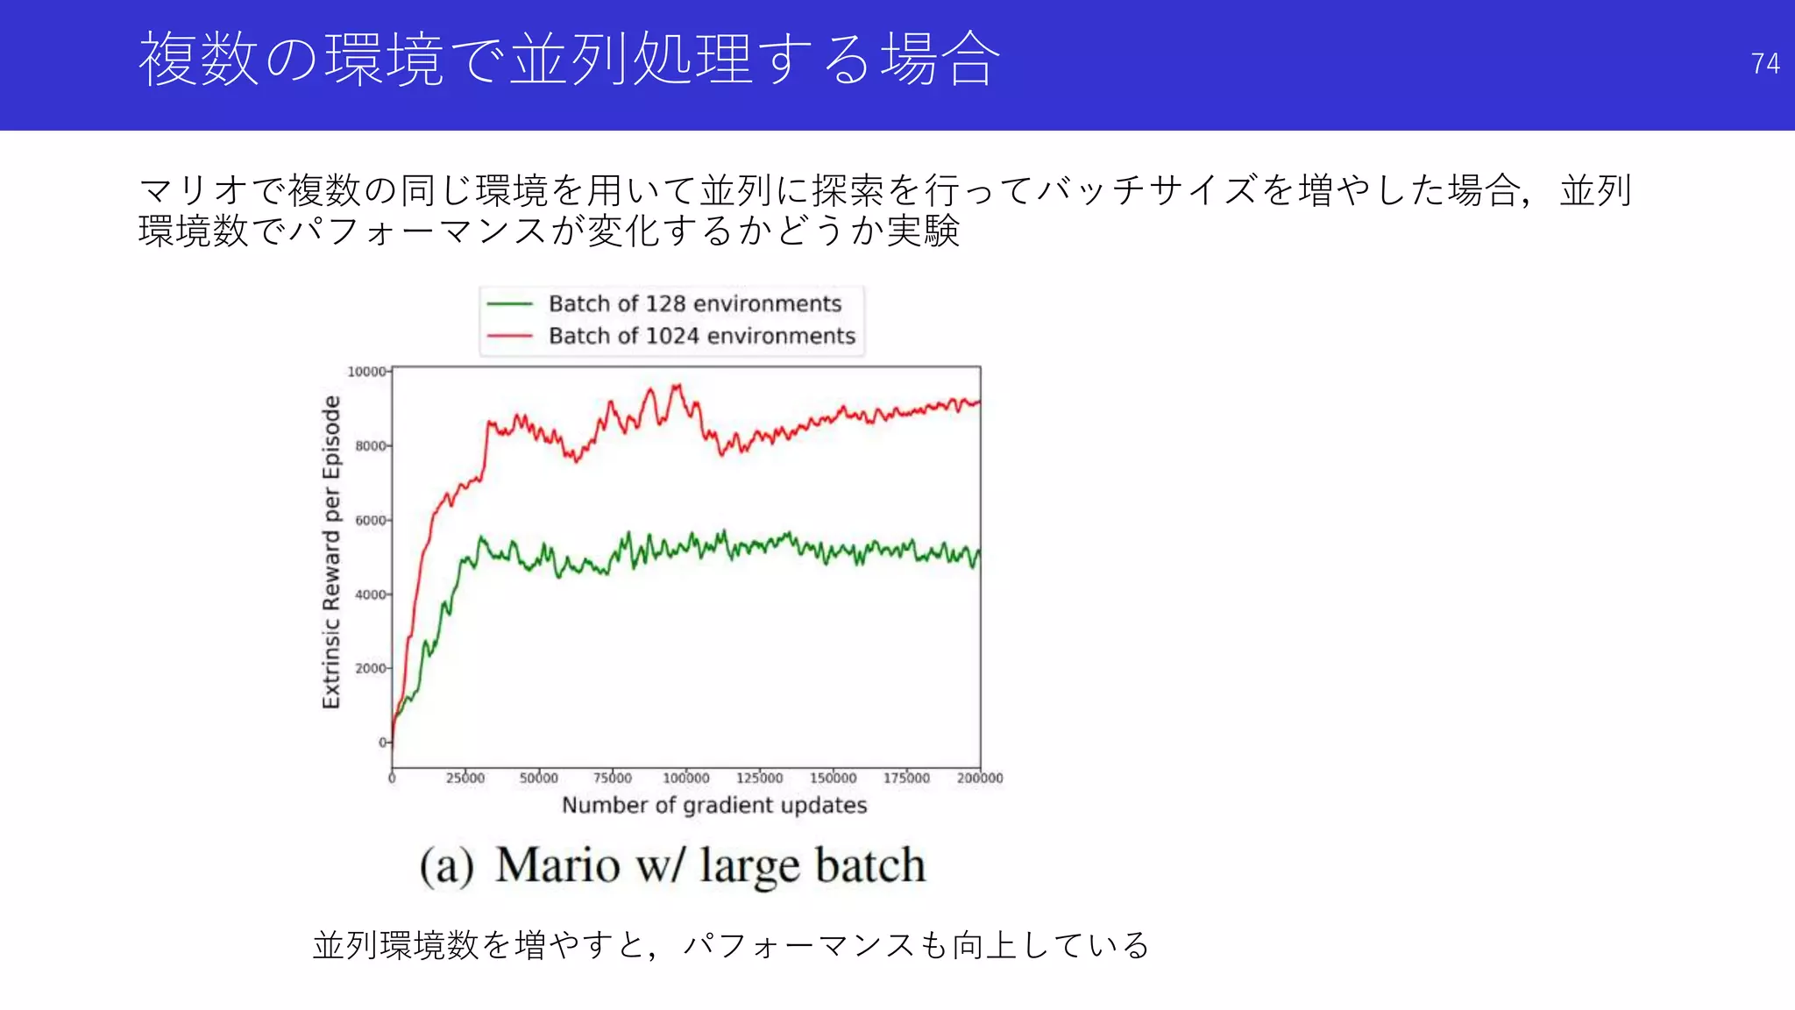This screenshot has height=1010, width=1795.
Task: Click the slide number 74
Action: (1764, 63)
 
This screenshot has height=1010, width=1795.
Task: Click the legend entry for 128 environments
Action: (694, 303)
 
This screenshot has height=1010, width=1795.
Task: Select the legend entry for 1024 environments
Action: (701, 336)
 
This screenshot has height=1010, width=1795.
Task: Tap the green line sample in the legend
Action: (510, 303)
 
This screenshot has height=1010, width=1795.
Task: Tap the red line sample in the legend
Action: (510, 336)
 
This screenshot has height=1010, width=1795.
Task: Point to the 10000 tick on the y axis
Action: (367, 372)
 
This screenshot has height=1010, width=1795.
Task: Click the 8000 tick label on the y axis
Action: (371, 446)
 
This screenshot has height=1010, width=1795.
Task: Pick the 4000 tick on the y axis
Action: (371, 594)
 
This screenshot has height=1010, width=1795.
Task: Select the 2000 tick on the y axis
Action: (371, 668)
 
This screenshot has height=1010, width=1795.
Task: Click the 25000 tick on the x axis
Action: (465, 778)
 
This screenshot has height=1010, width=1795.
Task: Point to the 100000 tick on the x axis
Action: (685, 778)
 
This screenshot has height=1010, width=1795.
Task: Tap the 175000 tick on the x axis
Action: (906, 778)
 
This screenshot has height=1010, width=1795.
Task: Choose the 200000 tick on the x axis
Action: (979, 778)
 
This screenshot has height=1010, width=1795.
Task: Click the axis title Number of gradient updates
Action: (714, 805)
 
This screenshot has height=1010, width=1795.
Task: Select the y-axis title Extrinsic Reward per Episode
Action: (330, 552)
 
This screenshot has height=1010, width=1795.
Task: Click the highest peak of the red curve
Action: (676, 385)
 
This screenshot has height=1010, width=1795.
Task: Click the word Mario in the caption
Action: (557, 865)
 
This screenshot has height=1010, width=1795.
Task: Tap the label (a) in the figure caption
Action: (446, 866)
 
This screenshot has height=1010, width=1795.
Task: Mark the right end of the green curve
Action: (979, 554)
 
